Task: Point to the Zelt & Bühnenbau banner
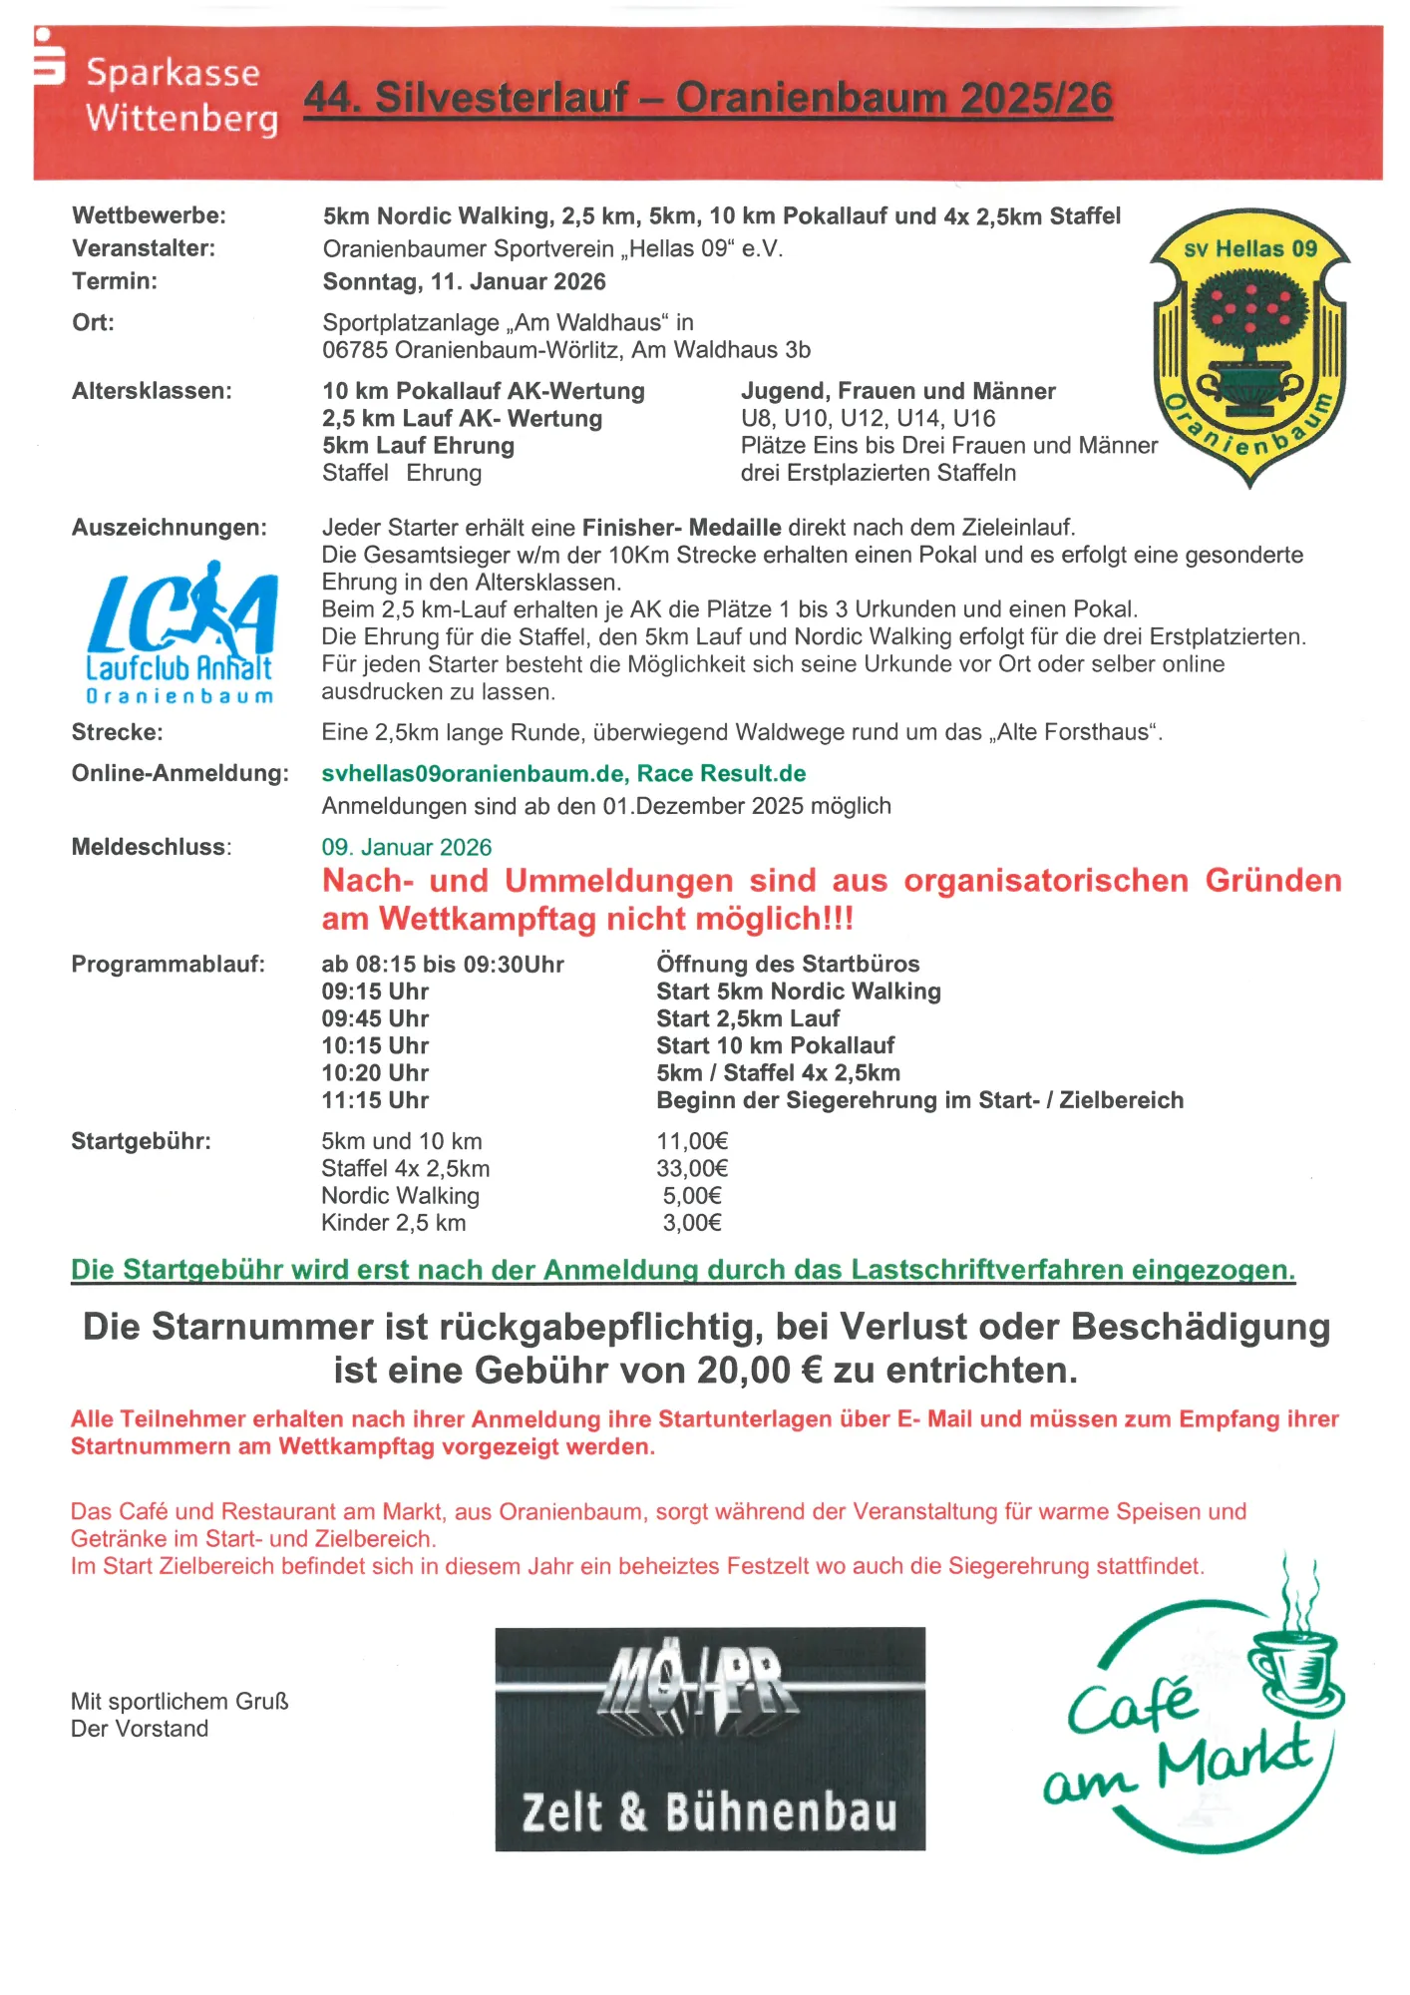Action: (x=710, y=1740)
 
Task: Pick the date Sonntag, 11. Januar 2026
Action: (x=464, y=281)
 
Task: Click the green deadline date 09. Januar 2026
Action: (x=406, y=847)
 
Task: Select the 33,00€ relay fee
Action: (x=692, y=1168)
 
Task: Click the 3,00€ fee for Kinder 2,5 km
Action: (x=692, y=1223)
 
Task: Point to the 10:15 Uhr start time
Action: (x=375, y=1045)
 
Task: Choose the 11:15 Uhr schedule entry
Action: (x=375, y=1100)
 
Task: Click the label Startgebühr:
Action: (x=141, y=1141)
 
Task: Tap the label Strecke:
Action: (x=117, y=732)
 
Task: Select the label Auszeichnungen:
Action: (x=170, y=528)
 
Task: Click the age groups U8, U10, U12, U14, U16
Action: (x=868, y=418)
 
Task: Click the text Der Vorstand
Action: (x=140, y=1729)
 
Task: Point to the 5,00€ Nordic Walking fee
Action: (x=692, y=1195)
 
